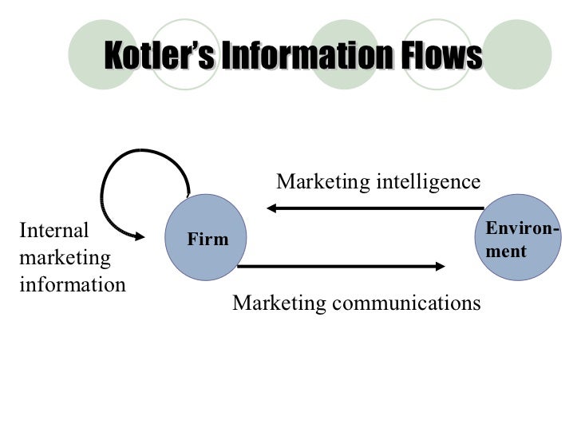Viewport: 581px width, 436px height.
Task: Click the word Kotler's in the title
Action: click(156, 57)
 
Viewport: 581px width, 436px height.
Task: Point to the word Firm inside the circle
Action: click(207, 240)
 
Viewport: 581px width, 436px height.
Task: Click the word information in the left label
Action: click(72, 284)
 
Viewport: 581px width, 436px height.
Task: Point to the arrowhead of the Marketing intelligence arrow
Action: click(271, 208)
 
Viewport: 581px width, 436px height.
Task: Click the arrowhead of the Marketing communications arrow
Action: click(440, 267)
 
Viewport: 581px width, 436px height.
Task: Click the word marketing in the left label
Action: click(65, 258)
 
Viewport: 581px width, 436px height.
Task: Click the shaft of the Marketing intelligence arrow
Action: click(375, 208)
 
